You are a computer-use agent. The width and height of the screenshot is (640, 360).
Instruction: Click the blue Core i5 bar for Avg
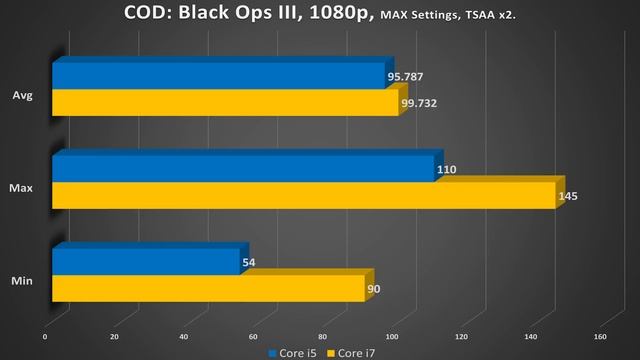[x=218, y=76]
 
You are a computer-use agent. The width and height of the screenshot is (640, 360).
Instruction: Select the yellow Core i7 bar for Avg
[x=225, y=102]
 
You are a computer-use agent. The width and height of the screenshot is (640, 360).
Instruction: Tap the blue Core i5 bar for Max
[x=243, y=169]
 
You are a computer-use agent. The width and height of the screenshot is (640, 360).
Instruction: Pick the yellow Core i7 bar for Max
[x=303, y=195]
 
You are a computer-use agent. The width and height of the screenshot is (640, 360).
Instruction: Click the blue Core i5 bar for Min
[x=146, y=262]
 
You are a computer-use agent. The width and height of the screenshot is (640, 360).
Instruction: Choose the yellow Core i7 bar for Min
[x=208, y=288]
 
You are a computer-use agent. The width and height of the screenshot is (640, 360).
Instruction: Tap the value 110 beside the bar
[x=447, y=170]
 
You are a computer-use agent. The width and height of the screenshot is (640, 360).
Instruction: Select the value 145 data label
[x=568, y=196]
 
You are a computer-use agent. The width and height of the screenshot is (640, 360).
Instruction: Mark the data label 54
[x=248, y=263]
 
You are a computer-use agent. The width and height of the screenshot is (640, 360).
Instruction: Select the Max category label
[x=18, y=189]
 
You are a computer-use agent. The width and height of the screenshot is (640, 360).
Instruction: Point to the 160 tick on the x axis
[x=600, y=336]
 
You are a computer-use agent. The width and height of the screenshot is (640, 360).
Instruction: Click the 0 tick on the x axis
[x=45, y=336]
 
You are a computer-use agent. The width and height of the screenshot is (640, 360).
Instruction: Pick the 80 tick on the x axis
[x=323, y=336]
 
